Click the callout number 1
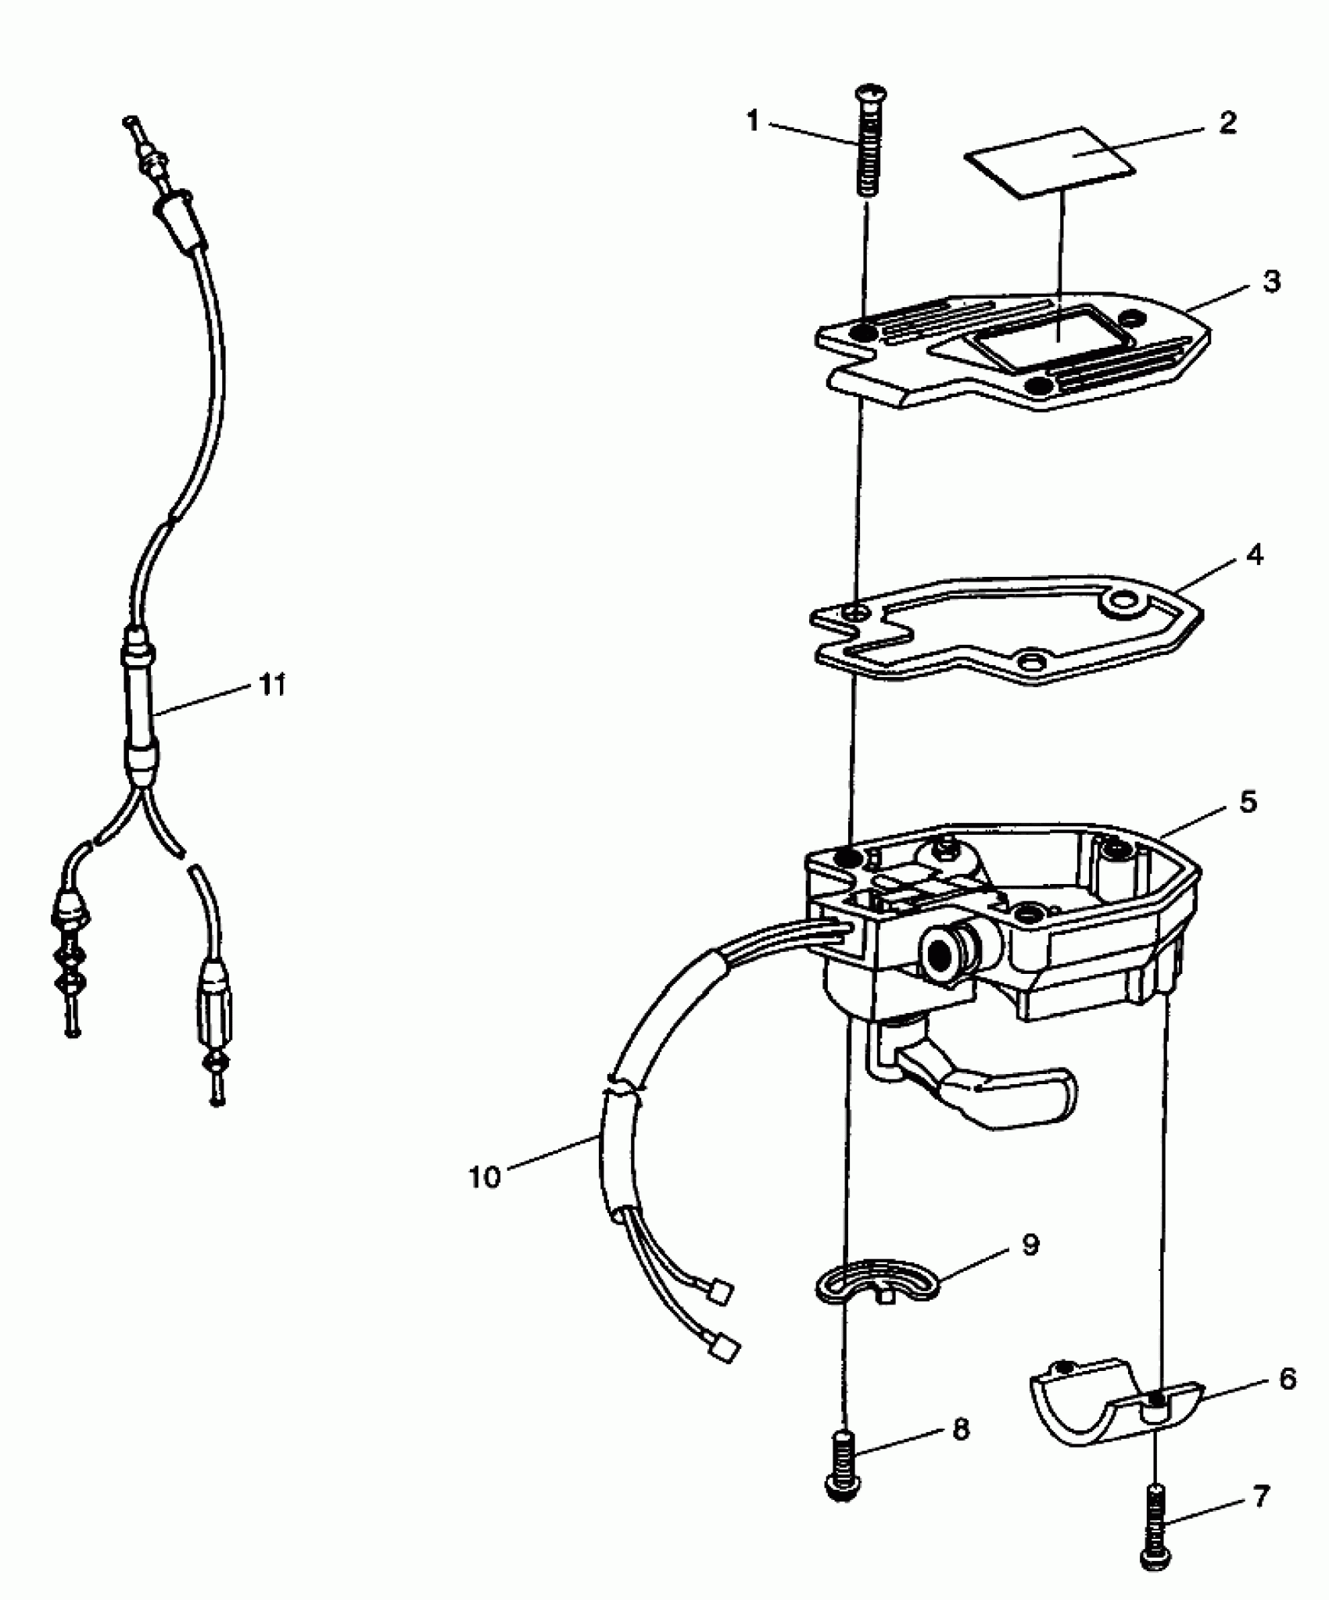[x=753, y=122]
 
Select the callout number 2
[x=1228, y=123]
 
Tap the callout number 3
[x=1272, y=281]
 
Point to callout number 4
[x=1255, y=555]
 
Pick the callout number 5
[x=1248, y=801]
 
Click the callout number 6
[x=1288, y=1378]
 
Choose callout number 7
[x=1261, y=1497]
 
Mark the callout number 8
[x=961, y=1430]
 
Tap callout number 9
[x=1030, y=1244]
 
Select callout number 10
[x=484, y=1177]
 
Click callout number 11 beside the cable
[x=272, y=685]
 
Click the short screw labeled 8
[x=844, y=1464]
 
